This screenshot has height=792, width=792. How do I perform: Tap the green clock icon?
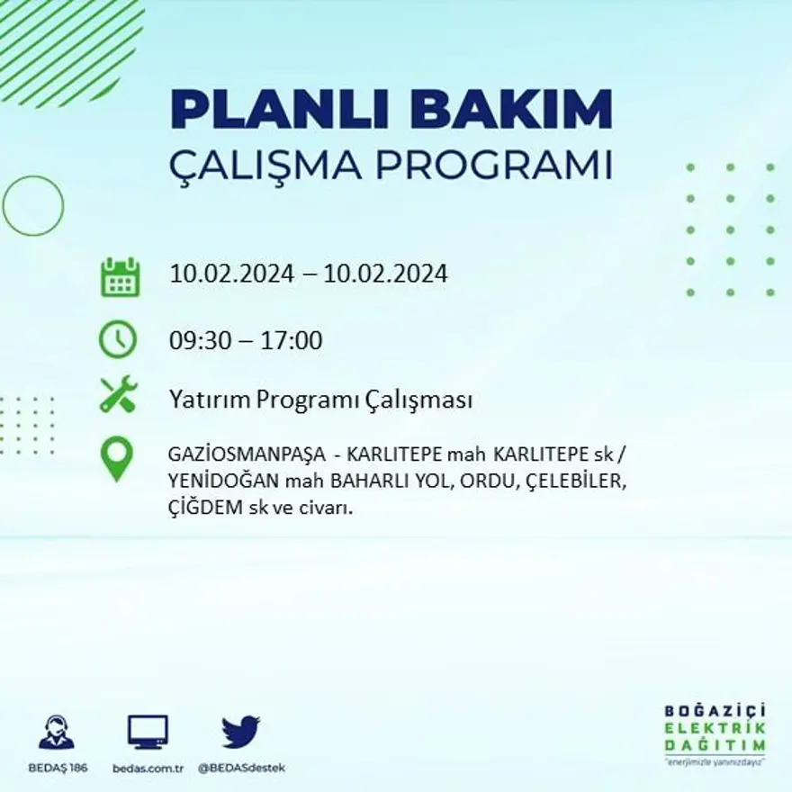pos(118,339)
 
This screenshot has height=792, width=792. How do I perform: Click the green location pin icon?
pos(116,458)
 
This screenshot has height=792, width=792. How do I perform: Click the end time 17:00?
pos(292,341)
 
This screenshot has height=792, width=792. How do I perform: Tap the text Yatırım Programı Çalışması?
pos(320,400)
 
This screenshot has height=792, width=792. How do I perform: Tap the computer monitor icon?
pos(148,732)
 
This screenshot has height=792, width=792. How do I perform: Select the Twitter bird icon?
pos(240,732)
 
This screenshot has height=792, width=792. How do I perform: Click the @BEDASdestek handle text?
pos(240,768)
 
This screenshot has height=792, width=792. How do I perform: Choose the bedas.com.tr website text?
pos(148,768)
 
